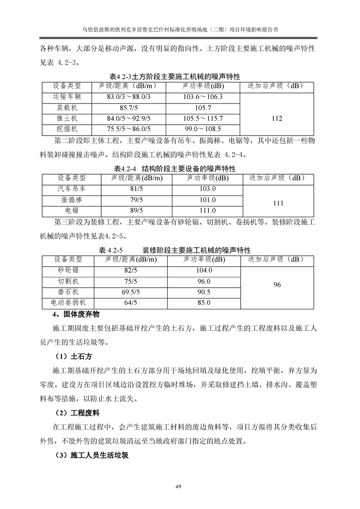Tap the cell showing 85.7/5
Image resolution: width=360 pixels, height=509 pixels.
point(128,108)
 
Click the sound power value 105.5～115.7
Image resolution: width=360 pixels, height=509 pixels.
point(203,119)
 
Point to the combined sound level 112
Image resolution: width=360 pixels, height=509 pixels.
point(276,118)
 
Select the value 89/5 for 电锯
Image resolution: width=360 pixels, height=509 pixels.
point(136,210)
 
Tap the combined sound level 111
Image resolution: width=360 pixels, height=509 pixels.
point(278,205)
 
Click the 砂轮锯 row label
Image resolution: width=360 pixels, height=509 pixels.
point(68,270)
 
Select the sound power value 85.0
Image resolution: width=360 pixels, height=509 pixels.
point(203,303)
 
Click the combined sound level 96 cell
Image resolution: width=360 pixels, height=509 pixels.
point(277,285)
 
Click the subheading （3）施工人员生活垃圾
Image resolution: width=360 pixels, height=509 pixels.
point(91,455)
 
